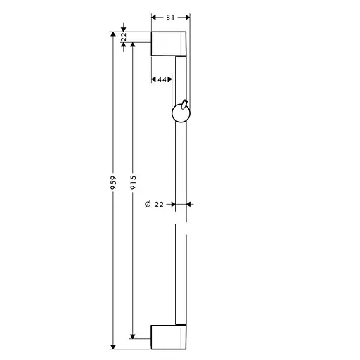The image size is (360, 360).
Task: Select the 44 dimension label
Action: [x=161, y=79]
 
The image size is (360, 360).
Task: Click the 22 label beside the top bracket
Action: [x=124, y=37]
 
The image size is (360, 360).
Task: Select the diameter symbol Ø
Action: [x=146, y=205]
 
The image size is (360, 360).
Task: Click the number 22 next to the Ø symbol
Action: [x=159, y=205]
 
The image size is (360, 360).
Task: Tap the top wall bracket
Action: [x=169, y=44]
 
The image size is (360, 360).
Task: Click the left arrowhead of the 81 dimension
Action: [x=155, y=16]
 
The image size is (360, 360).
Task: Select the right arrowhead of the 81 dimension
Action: [x=186, y=16]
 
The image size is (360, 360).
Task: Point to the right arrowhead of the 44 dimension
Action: [x=171, y=79]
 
